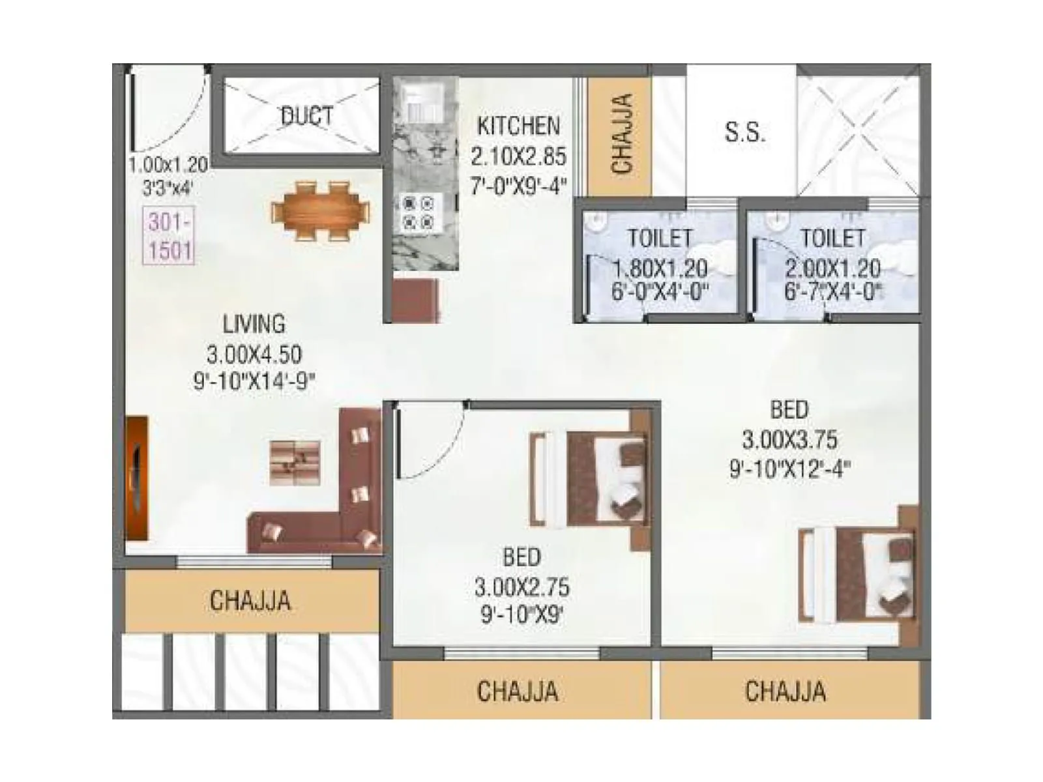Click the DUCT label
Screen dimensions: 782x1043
click(x=306, y=117)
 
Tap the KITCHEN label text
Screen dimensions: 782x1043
click(x=518, y=126)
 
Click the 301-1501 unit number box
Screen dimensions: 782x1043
click(x=169, y=235)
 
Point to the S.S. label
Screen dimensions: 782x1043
click(x=744, y=132)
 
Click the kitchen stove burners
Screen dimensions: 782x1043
click(x=417, y=212)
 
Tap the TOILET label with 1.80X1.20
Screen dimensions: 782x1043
click(x=659, y=239)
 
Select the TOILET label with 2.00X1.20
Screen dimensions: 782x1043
click(x=832, y=239)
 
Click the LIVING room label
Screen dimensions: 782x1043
click(x=254, y=324)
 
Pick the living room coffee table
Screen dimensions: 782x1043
click(x=295, y=463)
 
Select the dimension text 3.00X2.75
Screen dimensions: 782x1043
click(x=521, y=588)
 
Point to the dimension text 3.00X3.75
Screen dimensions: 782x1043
click(x=789, y=441)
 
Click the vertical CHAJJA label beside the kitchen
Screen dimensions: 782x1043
click(x=621, y=134)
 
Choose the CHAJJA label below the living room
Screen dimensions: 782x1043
click(x=250, y=601)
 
